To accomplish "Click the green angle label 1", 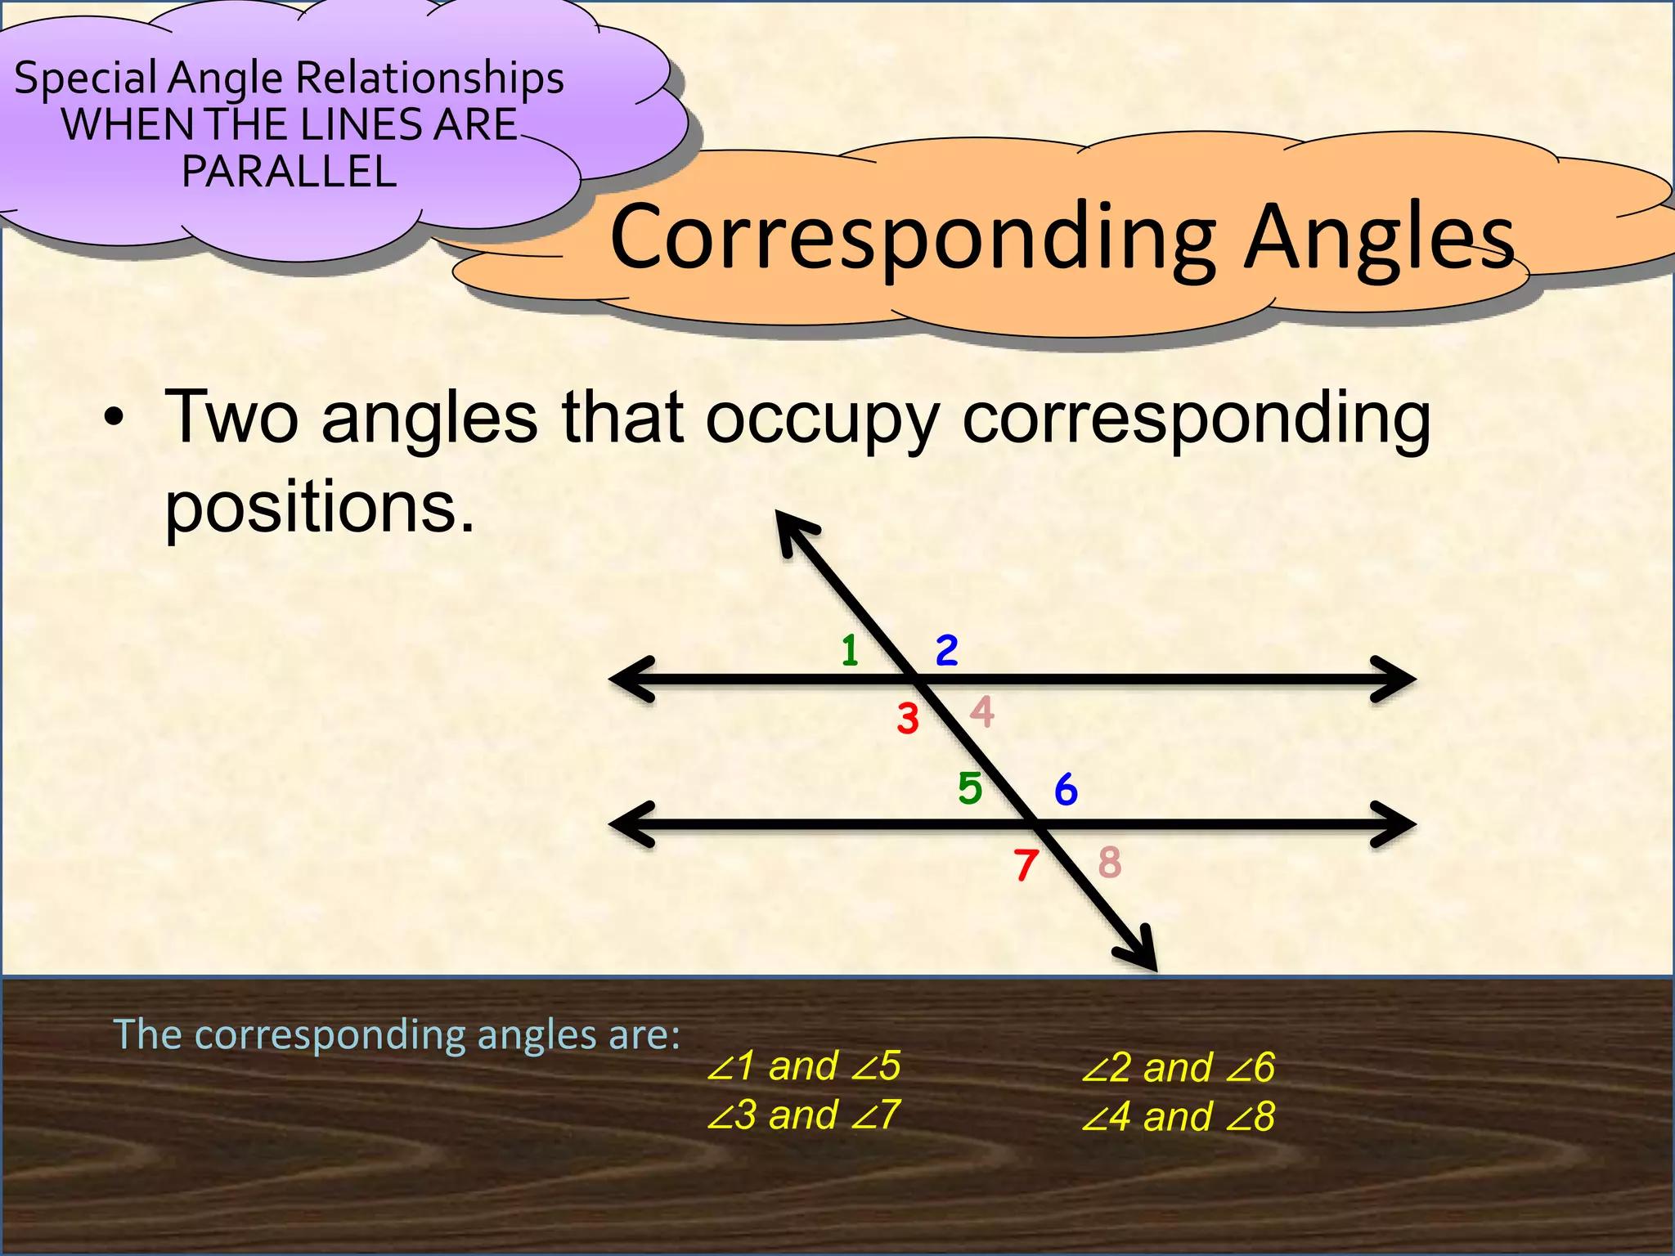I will [851, 651].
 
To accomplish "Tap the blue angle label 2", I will [946, 651].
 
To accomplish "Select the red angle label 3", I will [908, 720].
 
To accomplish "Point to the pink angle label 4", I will [982, 711].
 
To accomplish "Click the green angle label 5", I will [970, 789].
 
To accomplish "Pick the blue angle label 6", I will [1066, 790].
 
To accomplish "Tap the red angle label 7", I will [1026, 865].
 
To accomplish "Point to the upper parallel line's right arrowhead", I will [1397, 679].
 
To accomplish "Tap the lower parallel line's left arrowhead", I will [630, 824].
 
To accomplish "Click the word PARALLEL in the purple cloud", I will [289, 172].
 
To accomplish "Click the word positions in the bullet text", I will [320, 507].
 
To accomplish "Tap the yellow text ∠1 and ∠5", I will [803, 1066].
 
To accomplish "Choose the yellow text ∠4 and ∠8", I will [1178, 1117].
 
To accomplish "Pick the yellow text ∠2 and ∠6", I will [1178, 1068].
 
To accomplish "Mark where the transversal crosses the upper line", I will [917, 679].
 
